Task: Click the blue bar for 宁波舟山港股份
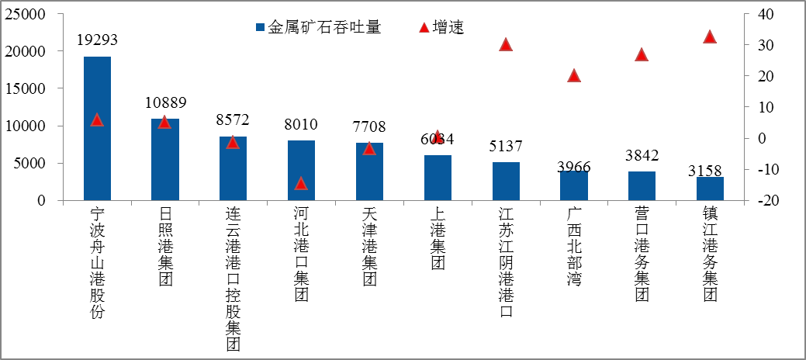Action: coord(97,128)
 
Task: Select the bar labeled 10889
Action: coord(164,160)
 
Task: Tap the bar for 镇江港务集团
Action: coord(710,189)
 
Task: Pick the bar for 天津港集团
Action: coord(369,171)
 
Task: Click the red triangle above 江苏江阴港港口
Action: coord(506,44)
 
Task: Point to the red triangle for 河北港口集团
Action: coord(301,184)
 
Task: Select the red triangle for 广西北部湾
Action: coord(574,75)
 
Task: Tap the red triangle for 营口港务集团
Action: coord(642,54)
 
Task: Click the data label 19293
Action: coord(97,40)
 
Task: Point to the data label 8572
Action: coord(233,120)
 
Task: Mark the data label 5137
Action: coord(506,146)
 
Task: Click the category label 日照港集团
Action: coord(164,247)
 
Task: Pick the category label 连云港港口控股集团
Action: coord(233,279)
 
